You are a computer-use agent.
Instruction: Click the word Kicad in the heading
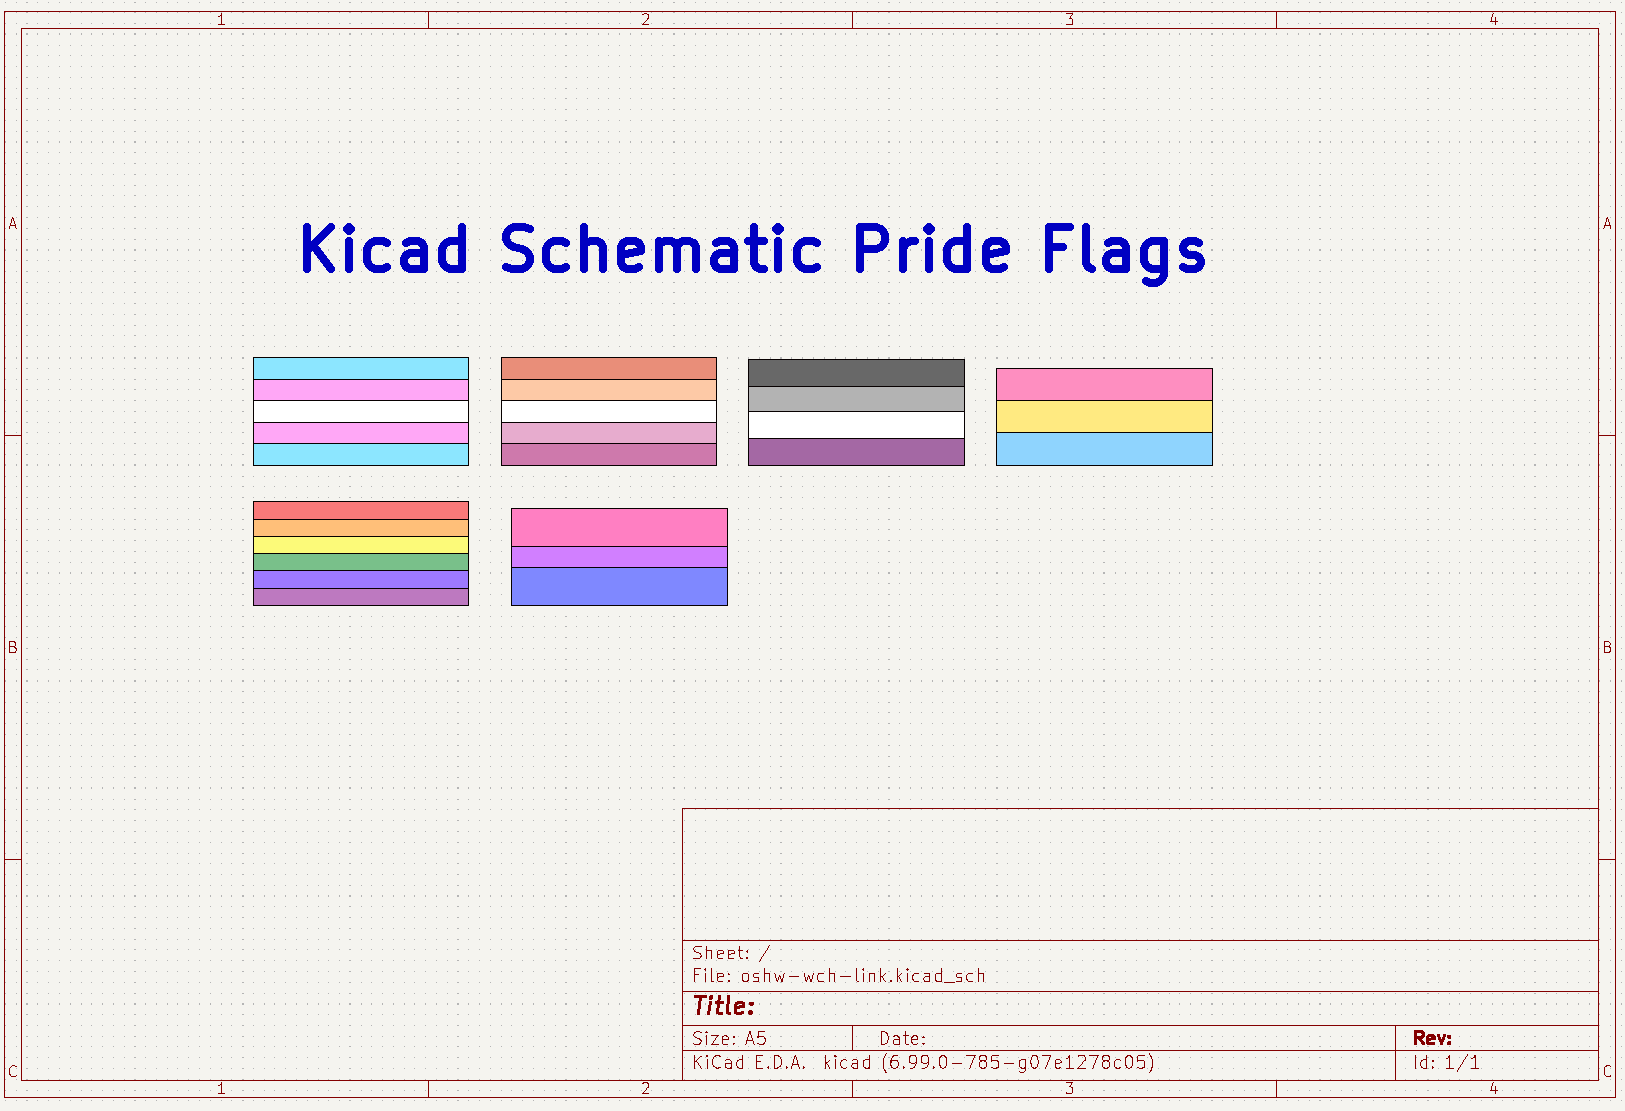click(x=384, y=248)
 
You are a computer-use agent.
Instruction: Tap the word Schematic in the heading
click(x=661, y=248)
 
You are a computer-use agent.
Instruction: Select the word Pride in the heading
click(x=932, y=248)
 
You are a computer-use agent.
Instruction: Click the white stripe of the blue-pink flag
click(x=361, y=411)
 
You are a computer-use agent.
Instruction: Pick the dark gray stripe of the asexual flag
click(x=856, y=373)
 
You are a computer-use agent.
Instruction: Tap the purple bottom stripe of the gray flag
click(x=856, y=452)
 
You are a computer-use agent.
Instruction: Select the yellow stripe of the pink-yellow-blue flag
click(x=1104, y=417)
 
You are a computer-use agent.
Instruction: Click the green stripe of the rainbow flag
click(x=361, y=562)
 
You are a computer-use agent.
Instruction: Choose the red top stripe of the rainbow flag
click(x=361, y=510)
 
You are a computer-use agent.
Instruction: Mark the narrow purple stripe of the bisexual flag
click(x=619, y=557)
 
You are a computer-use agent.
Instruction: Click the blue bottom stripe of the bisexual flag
click(x=619, y=586)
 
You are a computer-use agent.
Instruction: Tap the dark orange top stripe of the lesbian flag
click(x=609, y=368)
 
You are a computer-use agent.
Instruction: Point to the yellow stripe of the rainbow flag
click(x=361, y=545)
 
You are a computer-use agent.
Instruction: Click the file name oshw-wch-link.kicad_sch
click(x=863, y=976)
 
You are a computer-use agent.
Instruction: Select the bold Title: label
click(x=723, y=1006)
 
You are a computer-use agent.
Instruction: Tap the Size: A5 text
click(x=729, y=1038)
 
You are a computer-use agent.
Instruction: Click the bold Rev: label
click(x=1432, y=1038)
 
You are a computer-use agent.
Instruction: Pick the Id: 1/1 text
click(x=1446, y=1063)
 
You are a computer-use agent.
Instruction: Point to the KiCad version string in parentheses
click(x=1018, y=1063)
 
